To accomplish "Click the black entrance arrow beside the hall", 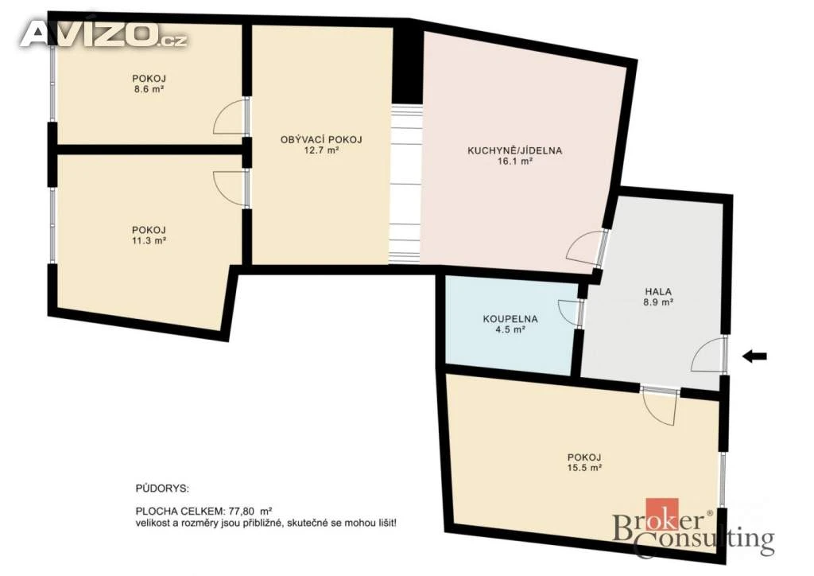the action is (x=754, y=356).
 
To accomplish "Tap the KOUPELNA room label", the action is (x=510, y=319).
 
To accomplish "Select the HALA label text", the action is (x=658, y=291).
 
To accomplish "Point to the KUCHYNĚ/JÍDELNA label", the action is (x=514, y=150).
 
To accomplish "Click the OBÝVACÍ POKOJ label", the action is (x=321, y=140).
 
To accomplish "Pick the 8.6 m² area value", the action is (x=149, y=89).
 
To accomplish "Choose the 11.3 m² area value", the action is (x=149, y=240).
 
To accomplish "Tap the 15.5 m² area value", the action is (x=584, y=468).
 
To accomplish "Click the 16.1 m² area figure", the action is (x=514, y=161).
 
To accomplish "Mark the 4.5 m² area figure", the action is (x=510, y=329).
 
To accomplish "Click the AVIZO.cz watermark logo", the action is (x=103, y=34).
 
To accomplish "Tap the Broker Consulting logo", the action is (x=693, y=528).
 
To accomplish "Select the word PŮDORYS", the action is (x=162, y=488).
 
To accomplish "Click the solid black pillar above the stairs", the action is (x=408, y=64).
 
